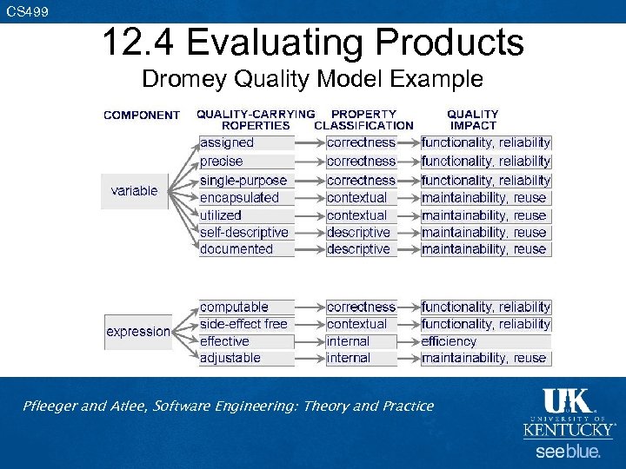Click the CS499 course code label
[x=27, y=11]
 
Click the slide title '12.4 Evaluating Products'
[x=312, y=42]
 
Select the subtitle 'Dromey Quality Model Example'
[x=312, y=79]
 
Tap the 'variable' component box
[x=135, y=191]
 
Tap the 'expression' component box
[x=138, y=332]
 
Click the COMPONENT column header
[x=142, y=115]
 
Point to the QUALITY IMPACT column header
[x=472, y=119]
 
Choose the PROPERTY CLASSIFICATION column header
[x=363, y=119]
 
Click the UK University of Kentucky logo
[x=568, y=413]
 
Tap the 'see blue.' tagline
[x=567, y=452]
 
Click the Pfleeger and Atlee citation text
[x=229, y=406]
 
